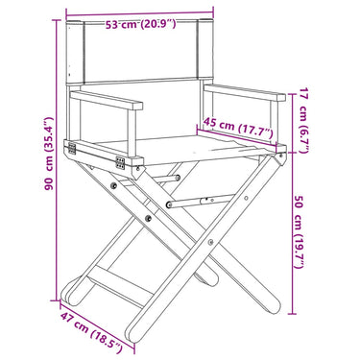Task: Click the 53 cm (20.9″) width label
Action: click(x=140, y=24)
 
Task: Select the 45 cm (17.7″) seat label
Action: click(x=238, y=127)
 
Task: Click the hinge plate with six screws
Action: click(x=120, y=163)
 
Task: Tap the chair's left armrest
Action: click(x=107, y=100)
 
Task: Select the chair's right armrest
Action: click(x=245, y=92)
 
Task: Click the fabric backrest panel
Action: click(x=140, y=51)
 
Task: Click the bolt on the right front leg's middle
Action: click(x=210, y=242)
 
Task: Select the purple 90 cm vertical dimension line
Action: click(x=58, y=160)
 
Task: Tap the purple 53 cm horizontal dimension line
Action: click(x=140, y=12)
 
